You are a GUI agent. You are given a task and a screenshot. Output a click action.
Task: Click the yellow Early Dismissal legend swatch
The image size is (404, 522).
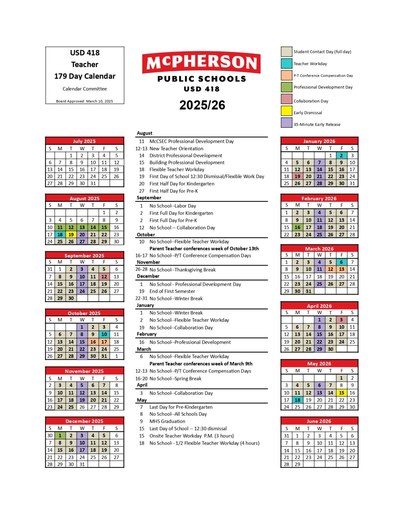pos(287,111)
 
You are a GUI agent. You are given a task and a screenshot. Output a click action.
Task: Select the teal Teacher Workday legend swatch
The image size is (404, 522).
pos(287,64)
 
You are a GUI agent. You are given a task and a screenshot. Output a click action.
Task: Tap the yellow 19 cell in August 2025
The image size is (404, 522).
pos(71,234)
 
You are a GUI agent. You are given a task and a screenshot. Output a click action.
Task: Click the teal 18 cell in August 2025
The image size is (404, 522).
pos(60,234)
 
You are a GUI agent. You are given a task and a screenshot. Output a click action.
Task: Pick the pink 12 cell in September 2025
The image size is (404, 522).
pos(104,277)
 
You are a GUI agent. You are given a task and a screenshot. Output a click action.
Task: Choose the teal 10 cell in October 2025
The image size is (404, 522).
pos(104,334)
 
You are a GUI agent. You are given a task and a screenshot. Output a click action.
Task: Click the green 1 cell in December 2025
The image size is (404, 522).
pos(60,435)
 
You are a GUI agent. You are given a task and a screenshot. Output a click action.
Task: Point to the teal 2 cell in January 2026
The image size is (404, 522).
pos(341,155)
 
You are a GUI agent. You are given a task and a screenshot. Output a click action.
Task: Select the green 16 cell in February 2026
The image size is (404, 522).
pos(297,227)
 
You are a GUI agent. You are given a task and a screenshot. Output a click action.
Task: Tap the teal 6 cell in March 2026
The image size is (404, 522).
pos(341,262)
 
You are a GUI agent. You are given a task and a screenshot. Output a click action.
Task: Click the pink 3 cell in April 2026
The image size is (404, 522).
pos(341,320)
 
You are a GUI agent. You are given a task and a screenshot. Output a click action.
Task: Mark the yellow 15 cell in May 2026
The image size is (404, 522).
pos(341,393)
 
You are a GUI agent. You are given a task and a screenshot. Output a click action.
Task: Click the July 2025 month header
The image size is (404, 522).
pos(84,141)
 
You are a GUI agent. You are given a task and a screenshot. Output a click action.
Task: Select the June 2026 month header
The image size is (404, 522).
pos(319,421)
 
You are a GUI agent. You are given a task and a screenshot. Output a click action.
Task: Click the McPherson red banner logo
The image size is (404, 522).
pos(201,63)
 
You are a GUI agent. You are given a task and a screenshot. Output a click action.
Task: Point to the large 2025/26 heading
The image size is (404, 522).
pos(202,105)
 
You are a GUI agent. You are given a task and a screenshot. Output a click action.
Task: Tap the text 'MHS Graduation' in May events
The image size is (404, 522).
pos(167,421)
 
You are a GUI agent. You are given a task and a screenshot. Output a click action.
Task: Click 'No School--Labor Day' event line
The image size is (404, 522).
pos(173,206)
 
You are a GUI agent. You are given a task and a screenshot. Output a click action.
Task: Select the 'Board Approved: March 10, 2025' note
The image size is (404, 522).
pos(84,101)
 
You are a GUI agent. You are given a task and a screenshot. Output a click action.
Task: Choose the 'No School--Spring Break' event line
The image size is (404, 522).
pos(175,378)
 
